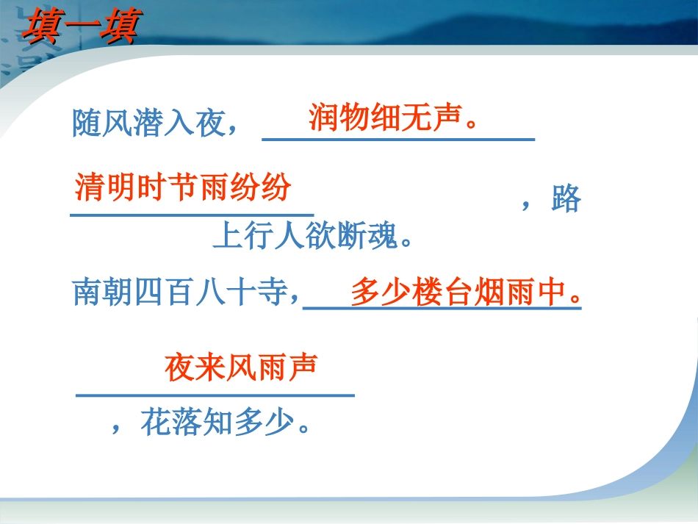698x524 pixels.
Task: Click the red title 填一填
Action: coord(77,26)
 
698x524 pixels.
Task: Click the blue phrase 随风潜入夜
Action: coord(155,123)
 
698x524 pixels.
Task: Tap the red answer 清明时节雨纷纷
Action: coord(183,187)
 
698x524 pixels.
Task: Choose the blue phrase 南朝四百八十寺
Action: coord(186,292)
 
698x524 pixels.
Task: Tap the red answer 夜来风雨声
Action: coord(240,367)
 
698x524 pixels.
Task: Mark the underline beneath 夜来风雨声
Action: coord(215,395)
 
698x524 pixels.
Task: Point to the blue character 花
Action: coord(156,423)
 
